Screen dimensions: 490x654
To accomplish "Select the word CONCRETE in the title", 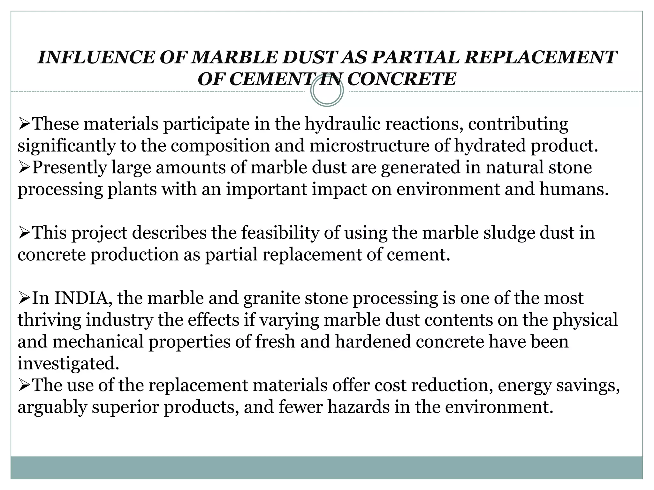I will point(401,79).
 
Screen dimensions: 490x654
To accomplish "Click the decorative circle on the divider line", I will point(327,91).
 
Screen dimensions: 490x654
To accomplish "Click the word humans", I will point(574,189).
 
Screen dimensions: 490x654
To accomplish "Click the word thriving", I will point(49,320).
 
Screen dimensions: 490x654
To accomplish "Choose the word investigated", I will point(68,364).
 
